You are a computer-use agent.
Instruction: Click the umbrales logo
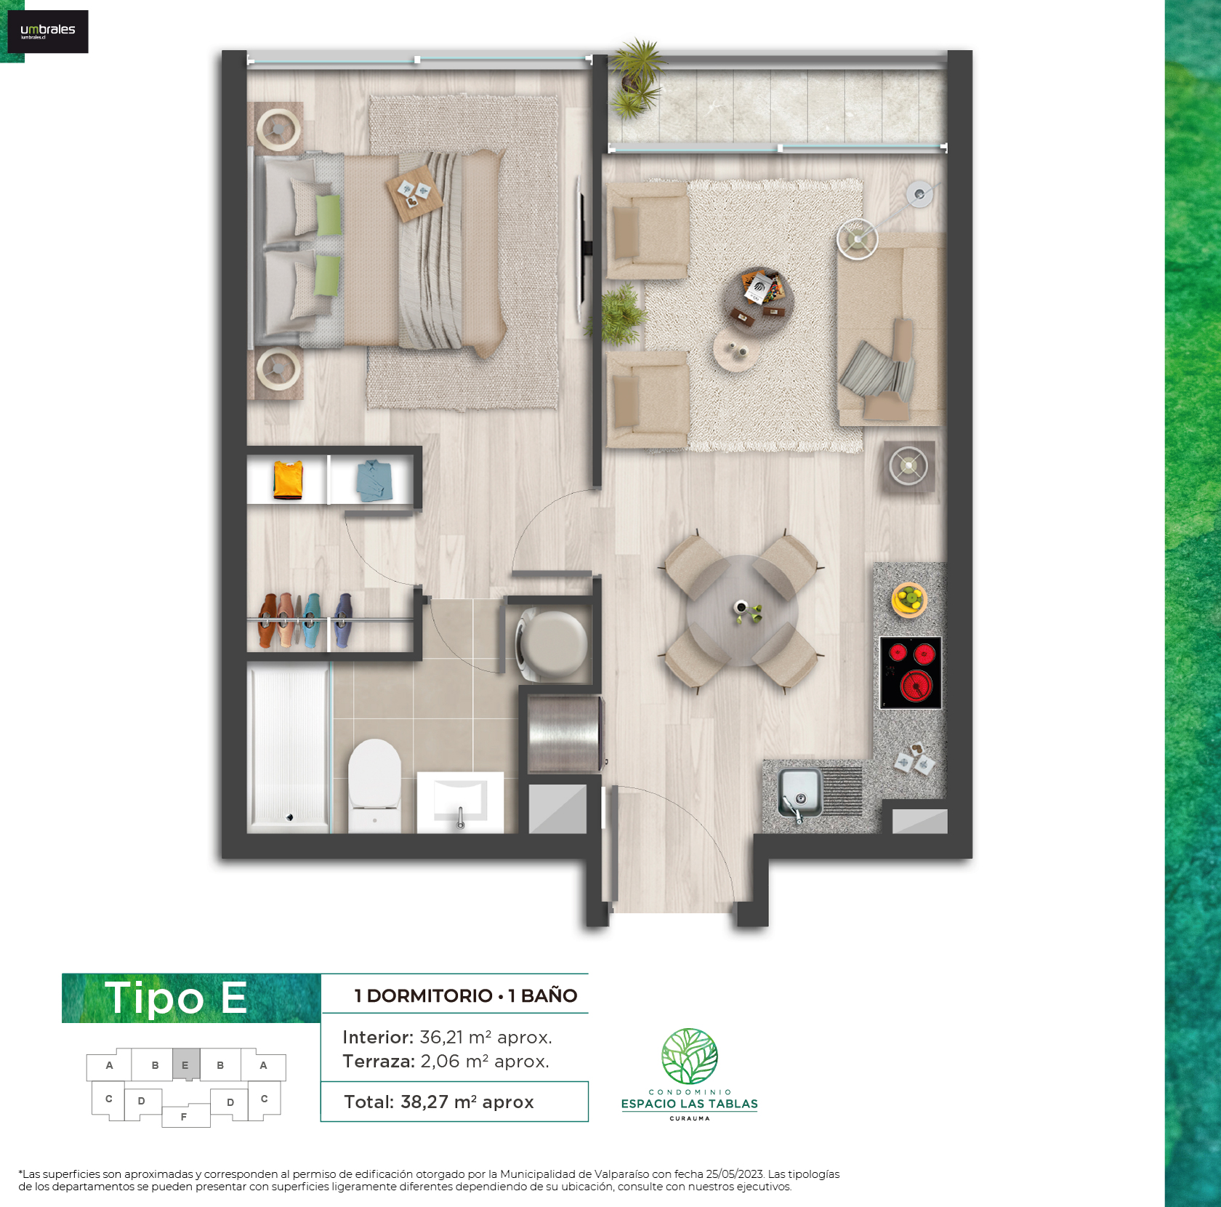click(x=47, y=31)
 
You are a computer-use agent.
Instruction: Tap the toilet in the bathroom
click(x=374, y=785)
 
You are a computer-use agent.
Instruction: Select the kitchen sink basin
click(x=800, y=791)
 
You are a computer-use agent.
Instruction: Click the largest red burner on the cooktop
click(x=916, y=686)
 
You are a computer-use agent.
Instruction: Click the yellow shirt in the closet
click(x=288, y=480)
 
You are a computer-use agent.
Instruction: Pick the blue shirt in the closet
click(x=374, y=480)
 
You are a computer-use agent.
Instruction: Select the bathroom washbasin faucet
click(x=460, y=817)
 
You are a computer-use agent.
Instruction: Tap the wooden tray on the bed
click(x=414, y=193)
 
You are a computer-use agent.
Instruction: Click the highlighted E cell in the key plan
click(x=186, y=1065)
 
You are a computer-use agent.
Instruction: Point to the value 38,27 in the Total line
click(x=424, y=1102)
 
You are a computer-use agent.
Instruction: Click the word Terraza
click(x=378, y=1062)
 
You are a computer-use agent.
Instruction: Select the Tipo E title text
click(x=176, y=998)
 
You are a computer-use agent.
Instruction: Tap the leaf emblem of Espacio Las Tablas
click(x=690, y=1056)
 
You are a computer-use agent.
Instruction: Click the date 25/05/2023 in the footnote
click(x=735, y=1174)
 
